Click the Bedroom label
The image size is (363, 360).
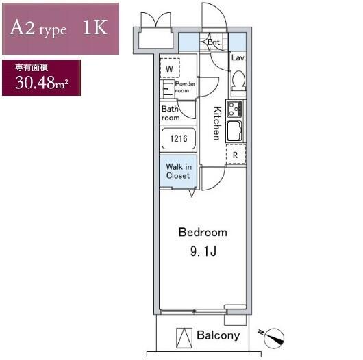pyautogui.click(x=203, y=232)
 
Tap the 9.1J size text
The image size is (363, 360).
pyautogui.click(x=203, y=251)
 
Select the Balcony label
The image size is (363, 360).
pyautogui.click(x=218, y=335)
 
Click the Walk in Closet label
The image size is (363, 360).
pyautogui.click(x=179, y=171)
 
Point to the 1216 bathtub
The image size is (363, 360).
pyautogui.click(x=179, y=138)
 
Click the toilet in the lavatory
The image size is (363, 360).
pyautogui.click(x=238, y=81)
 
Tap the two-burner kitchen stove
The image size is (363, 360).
pyautogui.click(x=235, y=109)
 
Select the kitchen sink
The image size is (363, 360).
pyautogui.click(x=235, y=131)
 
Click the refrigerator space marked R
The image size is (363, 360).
pyautogui.click(x=236, y=154)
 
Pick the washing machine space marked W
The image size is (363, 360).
pyautogui.click(x=170, y=68)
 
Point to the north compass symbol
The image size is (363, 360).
pyautogui.click(x=273, y=337)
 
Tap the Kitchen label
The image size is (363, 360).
pyautogui.click(x=217, y=123)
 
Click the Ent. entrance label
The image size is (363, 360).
pyautogui.click(x=214, y=42)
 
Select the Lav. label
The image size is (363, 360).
pyautogui.click(x=238, y=57)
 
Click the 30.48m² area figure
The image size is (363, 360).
pyautogui.click(x=42, y=83)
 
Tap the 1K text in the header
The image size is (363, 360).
pyautogui.click(x=95, y=27)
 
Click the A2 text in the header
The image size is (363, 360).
pyautogui.click(x=23, y=27)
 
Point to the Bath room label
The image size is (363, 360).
pyautogui.click(x=171, y=114)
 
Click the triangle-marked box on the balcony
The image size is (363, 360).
pyautogui.click(x=184, y=338)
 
